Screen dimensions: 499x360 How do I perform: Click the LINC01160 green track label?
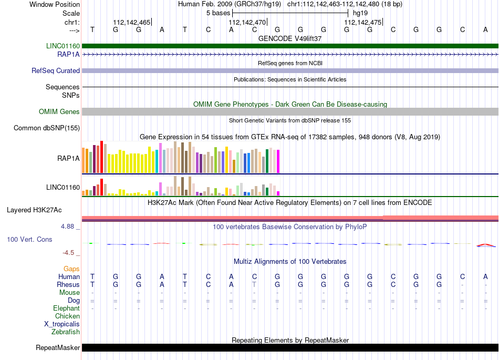63,46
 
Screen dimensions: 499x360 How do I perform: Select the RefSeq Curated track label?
55,70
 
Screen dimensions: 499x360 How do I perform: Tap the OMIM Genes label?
59,112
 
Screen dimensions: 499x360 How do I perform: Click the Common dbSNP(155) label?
46,128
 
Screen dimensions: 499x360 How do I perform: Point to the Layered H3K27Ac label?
34,210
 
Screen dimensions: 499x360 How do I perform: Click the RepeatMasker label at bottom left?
58,347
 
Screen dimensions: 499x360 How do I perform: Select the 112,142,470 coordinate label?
247,22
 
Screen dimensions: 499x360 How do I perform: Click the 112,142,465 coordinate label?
131,22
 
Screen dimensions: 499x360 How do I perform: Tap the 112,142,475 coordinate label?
362,22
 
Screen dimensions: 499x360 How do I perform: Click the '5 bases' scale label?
218,13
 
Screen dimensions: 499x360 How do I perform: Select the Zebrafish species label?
65,332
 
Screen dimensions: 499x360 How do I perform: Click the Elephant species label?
66,308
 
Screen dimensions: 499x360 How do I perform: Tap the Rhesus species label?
68,284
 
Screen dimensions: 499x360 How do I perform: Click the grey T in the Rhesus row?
254,284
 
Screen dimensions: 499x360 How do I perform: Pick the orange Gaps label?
71,269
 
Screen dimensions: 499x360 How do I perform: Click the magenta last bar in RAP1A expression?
278,161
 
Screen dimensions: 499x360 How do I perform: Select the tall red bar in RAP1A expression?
101,157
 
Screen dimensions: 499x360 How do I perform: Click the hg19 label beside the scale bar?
360,13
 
